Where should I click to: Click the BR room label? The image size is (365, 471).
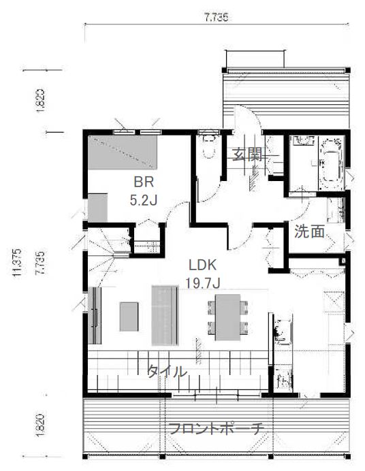coord(144,182)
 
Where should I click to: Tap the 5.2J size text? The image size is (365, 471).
coord(143,200)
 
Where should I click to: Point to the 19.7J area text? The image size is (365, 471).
coord(203,283)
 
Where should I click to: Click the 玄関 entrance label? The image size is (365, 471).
coord(247,155)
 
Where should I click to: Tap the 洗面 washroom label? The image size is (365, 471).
coord(309,231)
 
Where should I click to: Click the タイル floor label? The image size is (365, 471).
coord(167,371)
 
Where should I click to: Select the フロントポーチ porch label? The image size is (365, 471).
coord(217,428)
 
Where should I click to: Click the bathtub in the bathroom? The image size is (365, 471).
coord(332,163)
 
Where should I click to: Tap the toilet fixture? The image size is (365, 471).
coord(210,146)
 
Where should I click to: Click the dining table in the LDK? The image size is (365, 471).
coord(227,317)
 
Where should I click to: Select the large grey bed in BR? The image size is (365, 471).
coord(123,152)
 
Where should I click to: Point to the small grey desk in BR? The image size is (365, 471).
coord(97,208)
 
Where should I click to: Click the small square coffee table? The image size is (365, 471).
coord(129,316)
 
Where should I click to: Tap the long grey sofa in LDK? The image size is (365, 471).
coord(165,315)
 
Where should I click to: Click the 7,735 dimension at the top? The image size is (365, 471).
coord(217,17)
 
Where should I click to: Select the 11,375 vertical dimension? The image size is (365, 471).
coord(16,263)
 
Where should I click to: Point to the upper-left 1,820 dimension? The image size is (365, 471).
coord(40,100)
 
